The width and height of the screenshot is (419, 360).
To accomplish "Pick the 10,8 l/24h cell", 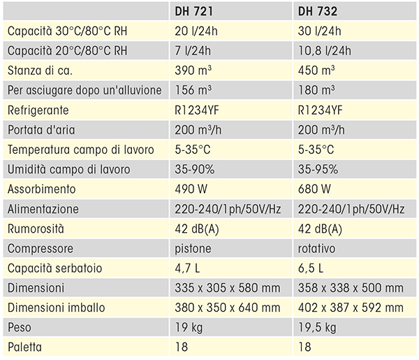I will click(x=324, y=50).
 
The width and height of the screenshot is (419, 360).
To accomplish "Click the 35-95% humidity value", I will click(x=318, y=170).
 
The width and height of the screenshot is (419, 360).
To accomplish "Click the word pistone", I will click(x=192, y=249).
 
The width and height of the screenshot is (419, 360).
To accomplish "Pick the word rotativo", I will click(x=317, y=249).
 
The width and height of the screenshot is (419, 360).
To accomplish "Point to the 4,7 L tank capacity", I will click(x=187, y=268).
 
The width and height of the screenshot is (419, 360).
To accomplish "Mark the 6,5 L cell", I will click(x=311, y=268).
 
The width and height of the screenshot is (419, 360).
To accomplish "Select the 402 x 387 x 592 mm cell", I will click(x=350, y=308).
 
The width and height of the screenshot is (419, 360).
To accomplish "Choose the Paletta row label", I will click(x=25, y=347).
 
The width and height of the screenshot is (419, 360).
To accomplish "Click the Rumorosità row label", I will click(x=36, y=229).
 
